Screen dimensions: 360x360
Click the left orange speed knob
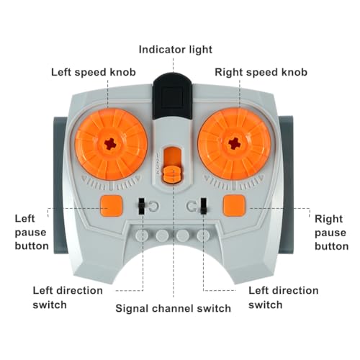[x=111, y=144]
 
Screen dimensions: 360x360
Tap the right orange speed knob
[x=235, y=144]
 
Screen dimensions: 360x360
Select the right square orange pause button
[x=234, y=205]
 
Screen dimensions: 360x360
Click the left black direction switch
[x=142, y=206]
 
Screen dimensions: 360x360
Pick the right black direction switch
[x=204, y=206]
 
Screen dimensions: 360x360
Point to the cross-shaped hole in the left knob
[x=110, y=144]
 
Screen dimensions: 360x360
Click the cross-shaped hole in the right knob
[x=234, y=144]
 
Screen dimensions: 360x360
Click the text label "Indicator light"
[x=176, y=50]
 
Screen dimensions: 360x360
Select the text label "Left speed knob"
[x=94, y=72]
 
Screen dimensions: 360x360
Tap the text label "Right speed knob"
[x=261, y=72]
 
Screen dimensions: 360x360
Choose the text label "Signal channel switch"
[x=173, y=308]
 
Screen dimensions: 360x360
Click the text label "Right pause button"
[x=331, y=233]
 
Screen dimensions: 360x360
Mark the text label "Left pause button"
[x=32, y=233]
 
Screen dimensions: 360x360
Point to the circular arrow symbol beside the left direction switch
[x=153, y=207]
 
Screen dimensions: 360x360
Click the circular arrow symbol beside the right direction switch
[x=192, y=207]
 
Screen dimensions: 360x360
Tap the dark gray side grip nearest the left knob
[x=58, y=185]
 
